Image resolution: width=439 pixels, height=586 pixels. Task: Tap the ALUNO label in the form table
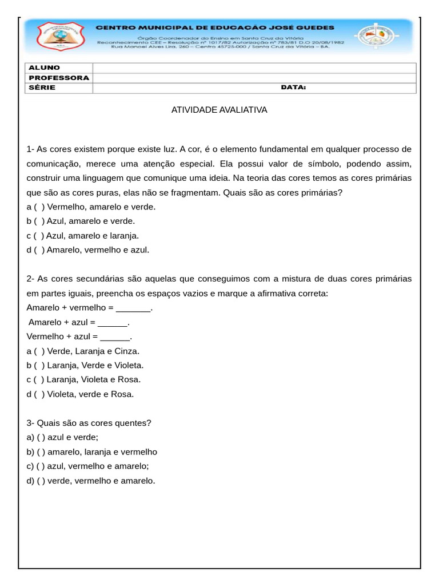coord(45,68)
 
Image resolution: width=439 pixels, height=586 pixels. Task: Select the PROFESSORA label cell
coord(59,78)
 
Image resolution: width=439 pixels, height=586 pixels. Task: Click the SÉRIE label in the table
coord(42,88)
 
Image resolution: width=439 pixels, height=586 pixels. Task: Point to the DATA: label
coord(293,88)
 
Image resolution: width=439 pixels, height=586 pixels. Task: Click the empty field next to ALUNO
coord(254,68)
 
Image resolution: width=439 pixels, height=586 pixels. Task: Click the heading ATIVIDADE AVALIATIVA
coord(219,109)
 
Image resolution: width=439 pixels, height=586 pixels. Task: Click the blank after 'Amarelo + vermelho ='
coord(133,308)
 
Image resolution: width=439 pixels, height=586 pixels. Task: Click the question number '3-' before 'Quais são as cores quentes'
coord(31,423)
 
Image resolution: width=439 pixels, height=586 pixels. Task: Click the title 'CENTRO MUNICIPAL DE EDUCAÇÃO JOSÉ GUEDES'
coord(214,27)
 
